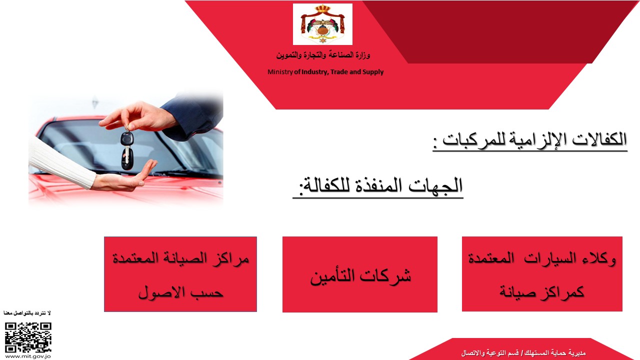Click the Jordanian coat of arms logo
point(322,24)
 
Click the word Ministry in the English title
point(280,72)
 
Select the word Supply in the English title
point(373,72)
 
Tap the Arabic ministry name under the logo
point(323,55)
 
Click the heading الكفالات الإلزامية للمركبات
point(530,140)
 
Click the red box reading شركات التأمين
point(360,274)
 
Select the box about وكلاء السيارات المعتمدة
point(542,273)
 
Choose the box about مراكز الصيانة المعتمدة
point(180,274)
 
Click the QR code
point(28,337)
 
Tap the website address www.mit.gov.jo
point(28,356)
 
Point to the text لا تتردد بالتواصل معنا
point(27,313)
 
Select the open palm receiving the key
point(125,178)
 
